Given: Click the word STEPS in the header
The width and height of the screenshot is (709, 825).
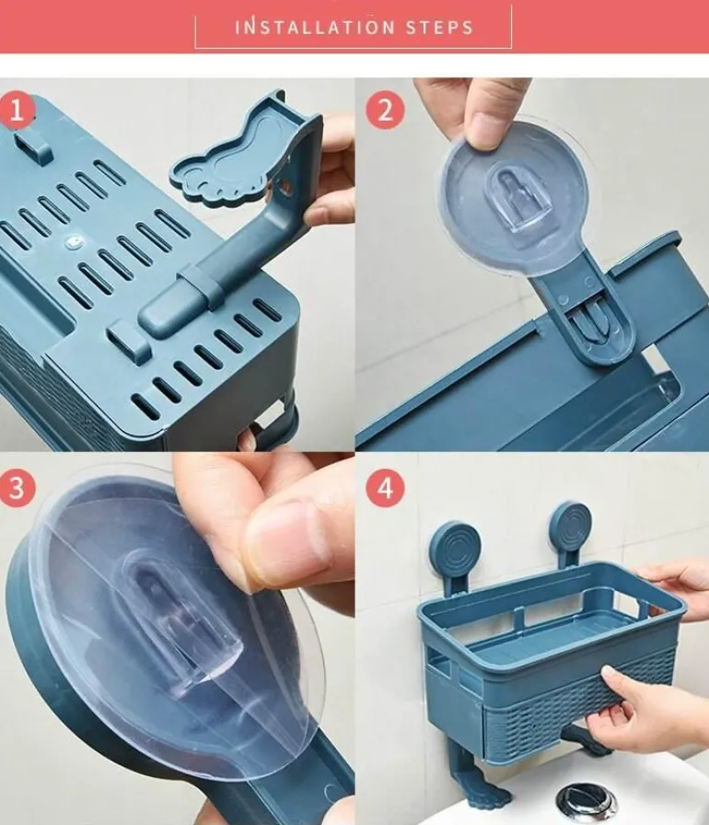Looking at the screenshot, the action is click(x=440, y=28).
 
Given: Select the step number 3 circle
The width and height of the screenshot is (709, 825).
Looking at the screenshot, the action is click(x=17, y=488).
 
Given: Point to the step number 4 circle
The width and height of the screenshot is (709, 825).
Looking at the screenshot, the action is click(x=385, y=488).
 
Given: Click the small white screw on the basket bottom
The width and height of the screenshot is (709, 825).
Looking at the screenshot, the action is click(x=73, y=242).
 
